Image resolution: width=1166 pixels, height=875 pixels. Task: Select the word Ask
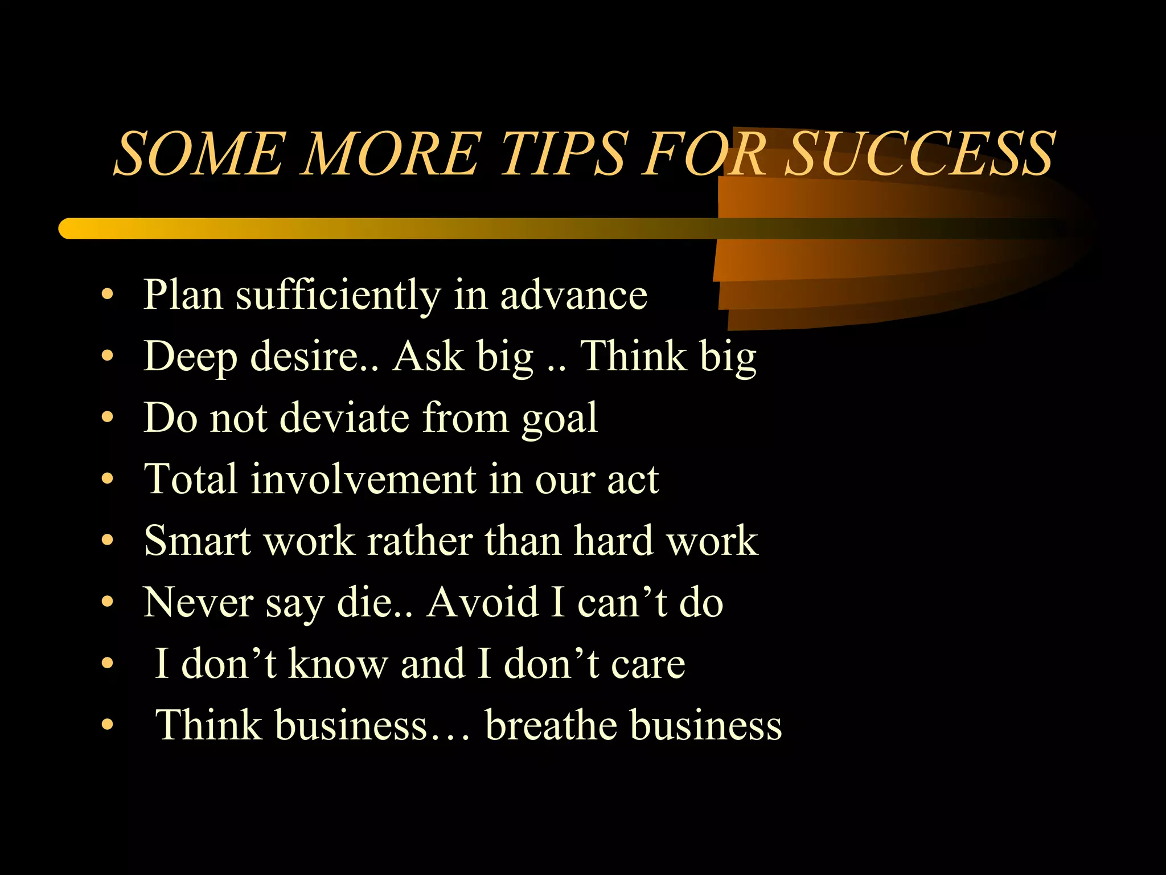coord(428,357)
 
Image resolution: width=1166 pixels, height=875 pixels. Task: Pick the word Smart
coord(197,541)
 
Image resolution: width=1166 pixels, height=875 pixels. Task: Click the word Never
coord(198,602)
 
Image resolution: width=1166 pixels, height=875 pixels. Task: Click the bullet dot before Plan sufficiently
coord(107,296)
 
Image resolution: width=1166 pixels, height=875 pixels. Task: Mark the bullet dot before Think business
coord(107,725)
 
